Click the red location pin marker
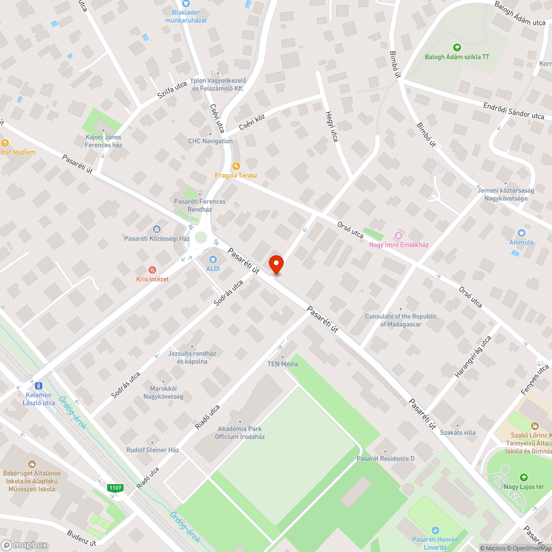tap(275, 264)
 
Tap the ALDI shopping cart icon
tap(213, 259)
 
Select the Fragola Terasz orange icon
tap(236, 166)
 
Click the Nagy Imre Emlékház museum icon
tap(399, 236)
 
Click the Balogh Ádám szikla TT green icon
tap(457, 47)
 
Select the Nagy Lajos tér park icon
tap(523, 477)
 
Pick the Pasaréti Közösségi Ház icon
tap(157, 229)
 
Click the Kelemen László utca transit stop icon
tap(38, 386)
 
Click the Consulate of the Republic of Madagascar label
tap(401, 320)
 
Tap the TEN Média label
tap(283, 364)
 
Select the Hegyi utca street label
tap(331, 125)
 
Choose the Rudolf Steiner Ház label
tap(153, 450)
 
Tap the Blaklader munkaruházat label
tap(186, 16)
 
